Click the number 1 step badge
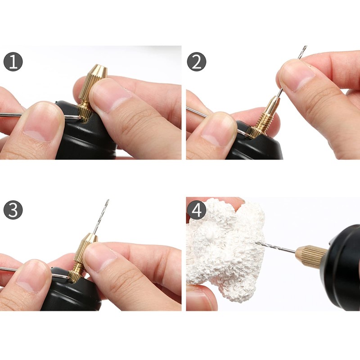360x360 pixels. tap(13, 62)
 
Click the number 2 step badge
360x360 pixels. tap(196, 62)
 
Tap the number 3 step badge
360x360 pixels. tap(13, 210)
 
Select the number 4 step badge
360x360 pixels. tap(196, 210)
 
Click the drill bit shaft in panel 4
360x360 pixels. tap(274, 247)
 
